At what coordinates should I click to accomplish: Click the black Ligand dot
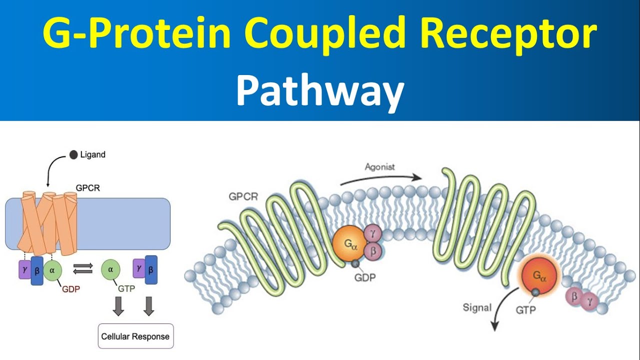coord(73,154)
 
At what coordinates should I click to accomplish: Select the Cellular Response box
coord(135,336)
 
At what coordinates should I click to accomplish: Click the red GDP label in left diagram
coord(71,288)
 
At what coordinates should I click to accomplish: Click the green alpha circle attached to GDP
coord(52,270)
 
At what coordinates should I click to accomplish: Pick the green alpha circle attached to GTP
coord(110,269)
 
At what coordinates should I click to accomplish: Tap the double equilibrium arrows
coord(83,269)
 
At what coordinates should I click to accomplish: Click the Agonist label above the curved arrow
coord(379,167)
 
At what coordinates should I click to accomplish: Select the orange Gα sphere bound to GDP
coord(347,244)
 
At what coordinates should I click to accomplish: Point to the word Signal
coord(476,307)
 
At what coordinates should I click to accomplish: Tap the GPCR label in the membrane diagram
coord(243,196)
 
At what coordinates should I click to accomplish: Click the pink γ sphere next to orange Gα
coord(372,232)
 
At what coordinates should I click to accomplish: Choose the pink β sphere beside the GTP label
coord(574,296)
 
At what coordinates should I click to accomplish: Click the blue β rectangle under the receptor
coord(37,270)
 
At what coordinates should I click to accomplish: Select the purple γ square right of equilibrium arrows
coord(138,268)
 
